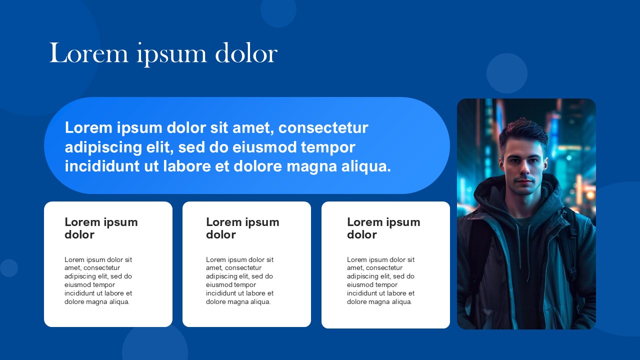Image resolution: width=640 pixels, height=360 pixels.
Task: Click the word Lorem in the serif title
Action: click(89, 53)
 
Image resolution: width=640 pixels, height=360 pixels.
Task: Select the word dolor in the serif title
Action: click(246, 52)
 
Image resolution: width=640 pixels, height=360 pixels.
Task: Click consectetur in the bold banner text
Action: click(323, 127)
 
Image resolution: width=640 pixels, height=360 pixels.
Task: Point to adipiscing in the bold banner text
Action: click(103, 147)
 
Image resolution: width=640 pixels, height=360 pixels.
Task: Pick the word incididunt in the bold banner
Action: click(102, 166)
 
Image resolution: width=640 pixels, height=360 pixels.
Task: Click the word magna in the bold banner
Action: click(311, 167)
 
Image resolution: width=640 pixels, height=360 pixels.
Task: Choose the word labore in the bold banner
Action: click(187, 166)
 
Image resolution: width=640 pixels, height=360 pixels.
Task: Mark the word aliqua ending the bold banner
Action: click(366, 167)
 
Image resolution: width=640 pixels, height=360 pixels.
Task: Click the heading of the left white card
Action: click(101, 228)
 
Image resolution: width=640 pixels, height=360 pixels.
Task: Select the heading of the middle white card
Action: click(242, 228)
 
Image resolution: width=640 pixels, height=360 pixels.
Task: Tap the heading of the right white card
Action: click(383, 228)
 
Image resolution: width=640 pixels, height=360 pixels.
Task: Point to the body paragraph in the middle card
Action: click(239, 280)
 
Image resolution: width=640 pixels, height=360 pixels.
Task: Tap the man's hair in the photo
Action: click(523, 133)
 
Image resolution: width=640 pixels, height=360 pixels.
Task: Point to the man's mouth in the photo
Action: click(524, 181)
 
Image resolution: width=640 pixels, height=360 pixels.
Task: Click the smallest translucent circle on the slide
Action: click(9, 268)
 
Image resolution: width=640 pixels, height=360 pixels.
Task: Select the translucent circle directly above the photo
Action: click(507, 73)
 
